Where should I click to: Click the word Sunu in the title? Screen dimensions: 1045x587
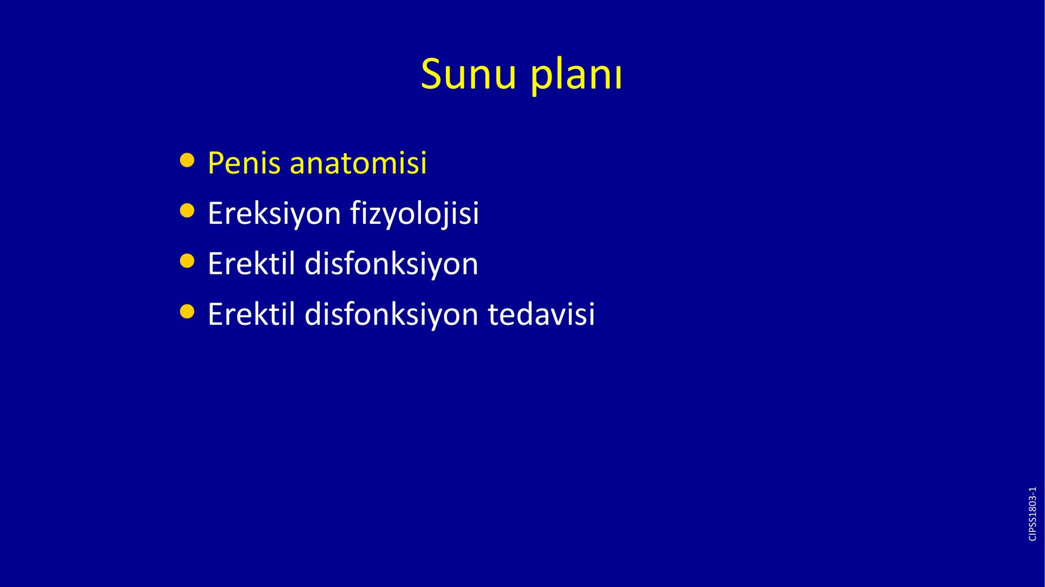click(x=469, y=75)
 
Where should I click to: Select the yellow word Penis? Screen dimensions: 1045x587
click(x=244, y=163)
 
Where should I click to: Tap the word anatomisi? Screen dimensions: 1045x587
click(x=358, y=163)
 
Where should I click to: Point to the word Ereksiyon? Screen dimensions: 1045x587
click(x=274, y=214)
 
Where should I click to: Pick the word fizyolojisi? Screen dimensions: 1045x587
click(x=415, y=214)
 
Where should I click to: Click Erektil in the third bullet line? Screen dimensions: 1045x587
click(x=251, y=264)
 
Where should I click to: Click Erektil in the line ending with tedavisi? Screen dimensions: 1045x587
click(x=251, y=314)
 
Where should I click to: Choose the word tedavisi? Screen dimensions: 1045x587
click(x=541, y=314)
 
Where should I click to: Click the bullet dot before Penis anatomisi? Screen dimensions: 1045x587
click(x=187, y=160)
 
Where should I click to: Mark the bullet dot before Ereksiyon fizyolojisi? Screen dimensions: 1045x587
click(x=187, y=211)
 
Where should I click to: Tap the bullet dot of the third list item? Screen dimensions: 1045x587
click(x=187, y=261)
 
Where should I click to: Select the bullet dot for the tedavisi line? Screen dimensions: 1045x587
click(x=187, y=311)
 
